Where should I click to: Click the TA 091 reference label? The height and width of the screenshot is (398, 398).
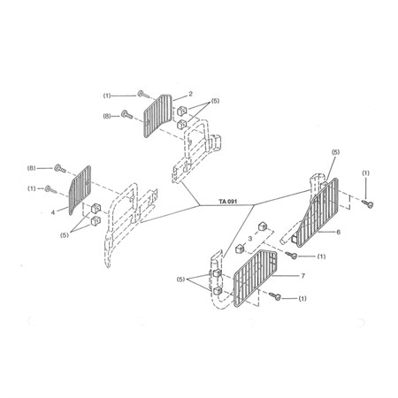[227, 202]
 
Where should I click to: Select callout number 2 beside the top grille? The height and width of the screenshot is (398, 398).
[190, 94]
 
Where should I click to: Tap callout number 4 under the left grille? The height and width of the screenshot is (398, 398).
[53, 212]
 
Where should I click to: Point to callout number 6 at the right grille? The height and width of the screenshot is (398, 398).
[339, 232]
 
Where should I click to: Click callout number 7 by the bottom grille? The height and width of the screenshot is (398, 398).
[303, 276]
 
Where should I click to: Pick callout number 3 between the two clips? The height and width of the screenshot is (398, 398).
[250, 239]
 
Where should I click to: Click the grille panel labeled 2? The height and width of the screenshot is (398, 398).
[157, 116]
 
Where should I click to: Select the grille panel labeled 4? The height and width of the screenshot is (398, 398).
[80, 189]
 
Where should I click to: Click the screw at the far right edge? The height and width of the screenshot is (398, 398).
[368, 203]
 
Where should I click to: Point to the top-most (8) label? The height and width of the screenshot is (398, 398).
[107, 116]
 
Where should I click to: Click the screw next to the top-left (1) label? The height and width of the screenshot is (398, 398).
[143, 95]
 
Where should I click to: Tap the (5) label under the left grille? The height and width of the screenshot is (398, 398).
[65, 235]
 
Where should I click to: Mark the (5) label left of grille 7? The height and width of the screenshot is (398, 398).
[180, 279]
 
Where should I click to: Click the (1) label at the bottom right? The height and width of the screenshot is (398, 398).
[302, 299]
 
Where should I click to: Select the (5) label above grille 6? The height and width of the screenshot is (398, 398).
[335, 152]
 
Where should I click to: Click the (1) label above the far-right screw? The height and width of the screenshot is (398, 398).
[365, 173]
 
